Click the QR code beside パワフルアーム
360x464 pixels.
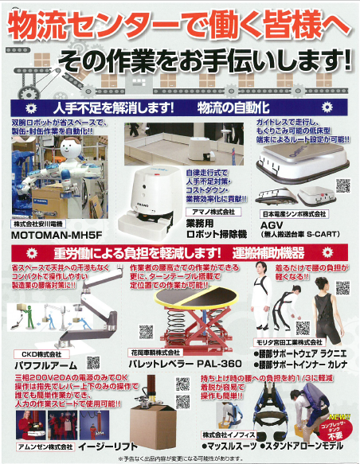coord(93,362)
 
